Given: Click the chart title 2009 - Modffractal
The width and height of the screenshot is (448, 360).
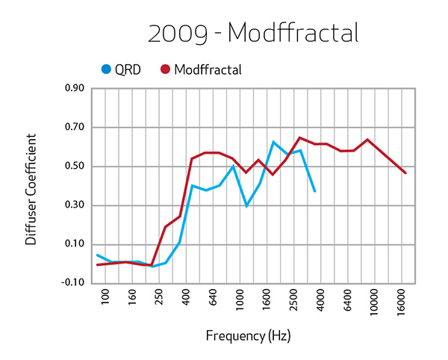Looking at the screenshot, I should click(x=254, y=33).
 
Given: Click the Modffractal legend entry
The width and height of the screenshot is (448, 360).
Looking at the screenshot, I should click(x=208, y=69).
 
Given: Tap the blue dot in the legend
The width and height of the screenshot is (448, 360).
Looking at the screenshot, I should click(x=106, y=69).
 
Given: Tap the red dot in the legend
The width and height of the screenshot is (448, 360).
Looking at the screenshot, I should click(x=165, y=69).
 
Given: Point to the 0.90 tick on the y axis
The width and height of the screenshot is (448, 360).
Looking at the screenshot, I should click(x=72, y=88).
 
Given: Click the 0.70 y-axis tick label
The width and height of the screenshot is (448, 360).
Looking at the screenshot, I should click(x=72, y=127).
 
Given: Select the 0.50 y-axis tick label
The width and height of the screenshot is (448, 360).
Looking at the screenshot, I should click(x=72, y=167).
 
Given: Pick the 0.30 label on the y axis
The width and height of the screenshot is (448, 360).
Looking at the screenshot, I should click(x=72, y=205).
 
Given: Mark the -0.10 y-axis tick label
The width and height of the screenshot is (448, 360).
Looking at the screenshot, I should click(x=71, y=283).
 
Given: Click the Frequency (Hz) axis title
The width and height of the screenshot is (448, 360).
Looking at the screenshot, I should click(x=248, y=336).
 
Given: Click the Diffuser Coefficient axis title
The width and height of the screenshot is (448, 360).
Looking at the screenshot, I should click(x=31, y=190).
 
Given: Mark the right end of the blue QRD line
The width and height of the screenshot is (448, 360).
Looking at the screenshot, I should click(x=314, y=192).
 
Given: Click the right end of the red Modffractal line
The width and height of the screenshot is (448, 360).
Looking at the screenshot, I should click(x=405, y=173).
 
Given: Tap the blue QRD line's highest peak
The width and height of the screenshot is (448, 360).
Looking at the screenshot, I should click(x=273, y=142).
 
